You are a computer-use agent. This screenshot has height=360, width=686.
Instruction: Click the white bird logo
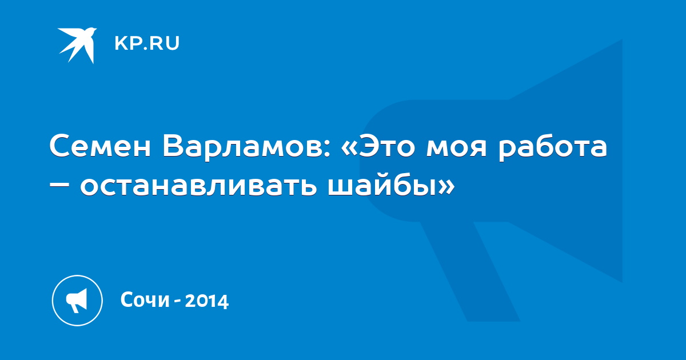pos(78,45)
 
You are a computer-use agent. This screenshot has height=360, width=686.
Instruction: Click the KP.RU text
pos(147,43)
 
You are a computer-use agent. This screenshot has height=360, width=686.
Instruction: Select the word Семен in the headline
pos(101,146)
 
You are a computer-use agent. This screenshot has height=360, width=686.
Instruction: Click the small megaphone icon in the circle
pos(77,301)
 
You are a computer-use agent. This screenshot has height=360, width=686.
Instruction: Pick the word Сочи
pos(145,299)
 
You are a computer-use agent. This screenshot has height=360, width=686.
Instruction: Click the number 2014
pos(207,301)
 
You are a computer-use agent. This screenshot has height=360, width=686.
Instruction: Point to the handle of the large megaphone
pos(470,271)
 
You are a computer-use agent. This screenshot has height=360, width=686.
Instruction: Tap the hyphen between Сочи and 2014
pos(177,302)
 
